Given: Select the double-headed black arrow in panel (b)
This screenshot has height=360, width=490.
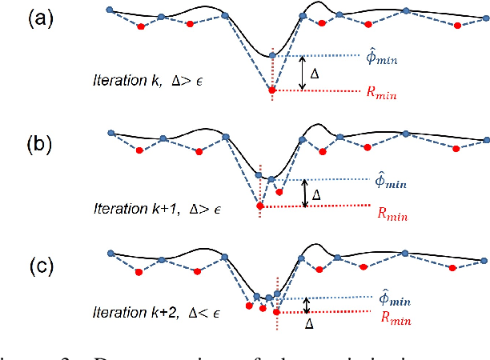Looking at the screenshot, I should point(304,193).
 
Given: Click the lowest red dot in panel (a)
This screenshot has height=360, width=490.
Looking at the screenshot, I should point(272,90).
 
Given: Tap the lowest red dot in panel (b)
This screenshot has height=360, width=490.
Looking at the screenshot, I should point(259,206).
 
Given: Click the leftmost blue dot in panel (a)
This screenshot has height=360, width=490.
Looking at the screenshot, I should point(109,10).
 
